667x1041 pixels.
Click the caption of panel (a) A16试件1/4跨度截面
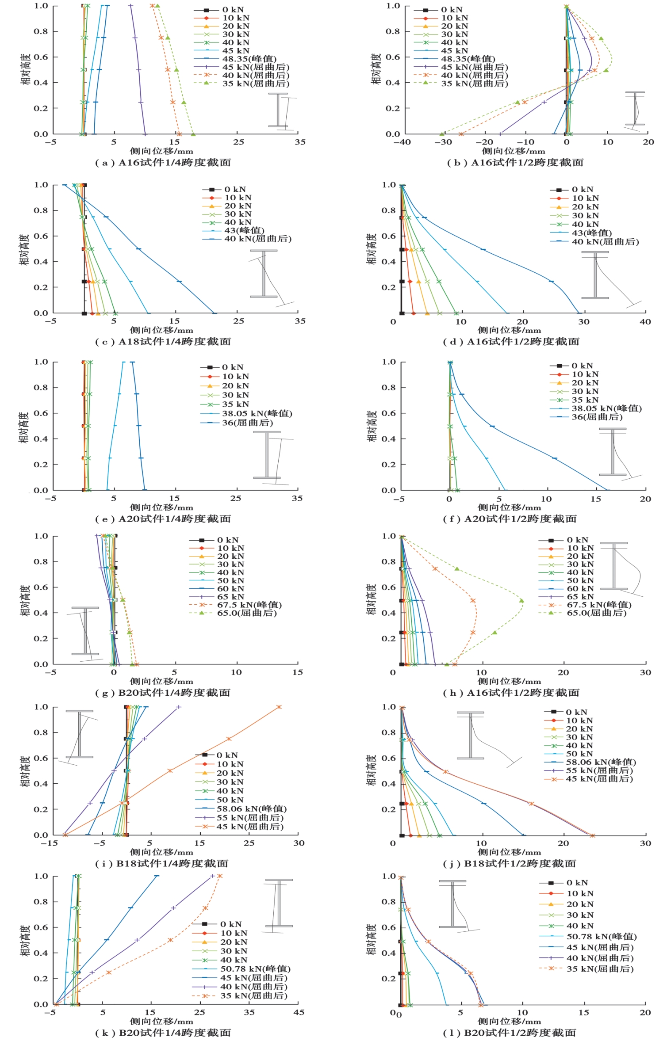(x=163, y=163)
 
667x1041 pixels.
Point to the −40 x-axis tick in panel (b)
(x=402, y=142)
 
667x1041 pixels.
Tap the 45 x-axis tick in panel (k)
(x=299, y=1012)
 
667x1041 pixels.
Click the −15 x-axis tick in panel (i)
(x=50, y=843)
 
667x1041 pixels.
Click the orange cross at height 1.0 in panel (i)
(x=279, y=707)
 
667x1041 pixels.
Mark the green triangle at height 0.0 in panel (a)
(x=193, y=134)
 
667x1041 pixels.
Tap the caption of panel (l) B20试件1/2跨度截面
(x=510, y=1033)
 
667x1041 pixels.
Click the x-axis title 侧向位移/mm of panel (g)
(x=161, y=681)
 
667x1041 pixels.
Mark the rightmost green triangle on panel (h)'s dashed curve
(x=521, y=601)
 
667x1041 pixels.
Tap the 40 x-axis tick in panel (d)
(x=645, y=322)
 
